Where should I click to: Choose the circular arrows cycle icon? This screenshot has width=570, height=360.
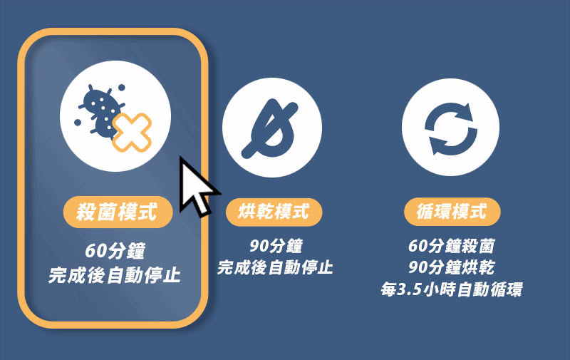pyautogui.click(x=451, y=128)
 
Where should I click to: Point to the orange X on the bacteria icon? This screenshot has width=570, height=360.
pyautogui.click(x=133, y=133)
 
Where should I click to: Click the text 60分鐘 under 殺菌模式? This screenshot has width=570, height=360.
pyautogui.click(x=115, y=252)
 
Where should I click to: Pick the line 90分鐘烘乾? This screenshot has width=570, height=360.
pyautogui.click(x=451, y=268)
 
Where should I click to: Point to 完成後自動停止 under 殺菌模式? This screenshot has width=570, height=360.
pyautogui.click(x=115, y=274)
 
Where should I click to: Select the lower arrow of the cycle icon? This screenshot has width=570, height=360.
pyautogui.click(x=445, y=143)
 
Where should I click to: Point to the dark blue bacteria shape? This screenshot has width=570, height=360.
pyautogui.click(x=100, y=110)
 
